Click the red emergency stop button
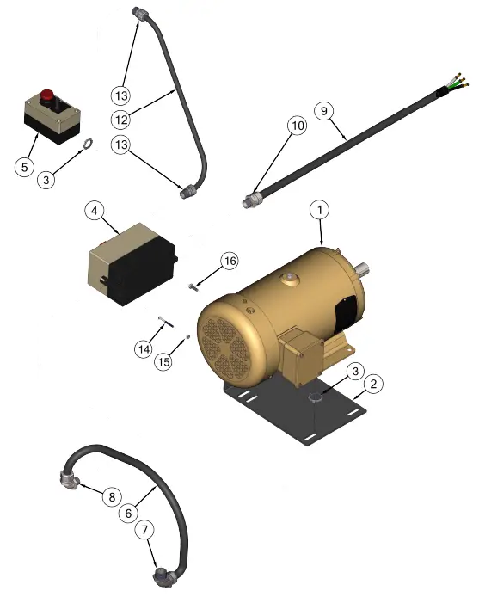coord(46,95)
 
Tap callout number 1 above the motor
coord(320,210)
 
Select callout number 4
coord(95,211)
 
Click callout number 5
coord(25,167)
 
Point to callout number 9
coord(324,111)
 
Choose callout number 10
coord(298,126)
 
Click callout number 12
coord(121,120)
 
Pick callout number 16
coord(230,261)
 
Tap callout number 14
coord(144,349)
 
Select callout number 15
coord(163,361)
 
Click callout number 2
coord(373,384)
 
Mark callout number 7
coord(144,530)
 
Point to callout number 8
coord(112,497)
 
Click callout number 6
coord(128,514)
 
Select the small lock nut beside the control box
coord(88,145)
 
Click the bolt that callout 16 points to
coord(193,287)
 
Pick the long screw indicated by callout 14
coord(166,322)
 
